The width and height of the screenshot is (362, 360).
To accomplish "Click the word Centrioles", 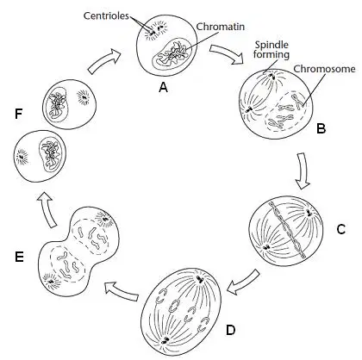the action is [x=106, y=16].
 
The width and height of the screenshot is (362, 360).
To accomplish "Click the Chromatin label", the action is [x=221, y=27].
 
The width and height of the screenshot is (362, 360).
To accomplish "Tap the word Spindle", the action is [x=271, y=45].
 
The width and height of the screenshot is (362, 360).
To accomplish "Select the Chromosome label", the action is [x=324, y=69].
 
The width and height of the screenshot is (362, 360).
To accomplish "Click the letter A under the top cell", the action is [x=163, y=87].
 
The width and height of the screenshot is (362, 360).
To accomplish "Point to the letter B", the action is [x=321, y=128].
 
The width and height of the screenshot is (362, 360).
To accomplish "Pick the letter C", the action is [x=340, y=229].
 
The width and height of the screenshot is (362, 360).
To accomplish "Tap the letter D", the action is [x=231, y=330].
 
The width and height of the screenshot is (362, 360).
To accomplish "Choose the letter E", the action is [x=19, y=257].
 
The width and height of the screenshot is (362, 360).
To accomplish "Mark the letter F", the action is [x=19, y=115].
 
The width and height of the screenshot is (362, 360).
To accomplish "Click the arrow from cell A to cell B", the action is [x=227, y=54].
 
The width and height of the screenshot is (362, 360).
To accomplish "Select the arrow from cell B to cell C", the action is [x=303, y=171].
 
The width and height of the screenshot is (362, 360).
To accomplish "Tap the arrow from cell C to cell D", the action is [x=243, y=282].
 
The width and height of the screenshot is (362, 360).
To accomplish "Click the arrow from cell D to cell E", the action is [x=122, y=291].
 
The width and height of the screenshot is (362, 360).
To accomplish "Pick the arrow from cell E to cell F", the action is [x=47, y=209].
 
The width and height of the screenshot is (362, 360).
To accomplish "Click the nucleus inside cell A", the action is [x=172, y=54].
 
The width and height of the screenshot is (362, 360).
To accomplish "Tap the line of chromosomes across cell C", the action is [x=286, y=230].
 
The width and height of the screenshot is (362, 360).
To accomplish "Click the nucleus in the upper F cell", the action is [x=58, y=104].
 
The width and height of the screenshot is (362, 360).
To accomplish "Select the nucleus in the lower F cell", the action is [x=50, y=155].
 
